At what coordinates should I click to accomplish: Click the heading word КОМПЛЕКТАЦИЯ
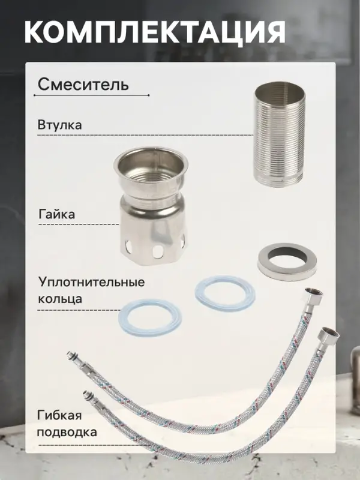click(x=155, y=32)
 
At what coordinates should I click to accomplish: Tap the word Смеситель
click(x=83, y=85)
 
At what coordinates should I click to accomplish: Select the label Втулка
click(x=59, y=125)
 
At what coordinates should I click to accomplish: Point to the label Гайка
click(x=56, y=214)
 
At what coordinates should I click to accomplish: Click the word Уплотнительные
click(x=92, y=282)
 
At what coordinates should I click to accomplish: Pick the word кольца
click(x=60, y=298)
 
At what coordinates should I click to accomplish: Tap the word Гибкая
click(x=59, y=416)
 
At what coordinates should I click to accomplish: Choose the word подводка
click(x=67, y=432)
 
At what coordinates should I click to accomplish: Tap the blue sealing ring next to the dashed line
click(x=149, y=317)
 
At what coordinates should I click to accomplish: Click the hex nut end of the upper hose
click(x=313, y=297)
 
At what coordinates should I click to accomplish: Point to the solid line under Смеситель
click(x=91, y=95)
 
